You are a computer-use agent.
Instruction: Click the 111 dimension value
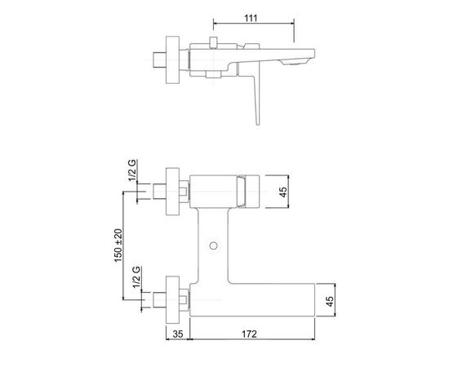[251, 18]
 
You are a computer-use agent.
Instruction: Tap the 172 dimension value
[250, 334]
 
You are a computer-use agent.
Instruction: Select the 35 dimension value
[178, 334]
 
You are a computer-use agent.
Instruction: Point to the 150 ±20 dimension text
[118, 245]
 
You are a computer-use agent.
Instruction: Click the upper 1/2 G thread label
[132, 170]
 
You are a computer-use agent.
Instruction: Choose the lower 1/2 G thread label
[136, 277]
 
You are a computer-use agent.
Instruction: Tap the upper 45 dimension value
[283, 192]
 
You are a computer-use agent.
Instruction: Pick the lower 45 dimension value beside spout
[330, 302]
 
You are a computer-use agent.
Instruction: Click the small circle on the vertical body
[213, 245]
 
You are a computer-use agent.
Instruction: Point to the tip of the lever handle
[258, 124]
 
